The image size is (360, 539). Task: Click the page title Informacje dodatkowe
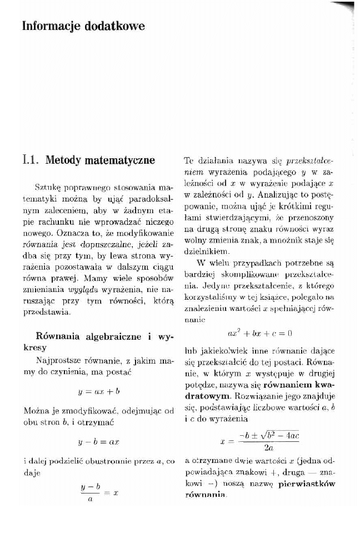83,26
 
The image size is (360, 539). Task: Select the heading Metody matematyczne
100,161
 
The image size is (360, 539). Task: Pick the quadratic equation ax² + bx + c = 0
259,334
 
